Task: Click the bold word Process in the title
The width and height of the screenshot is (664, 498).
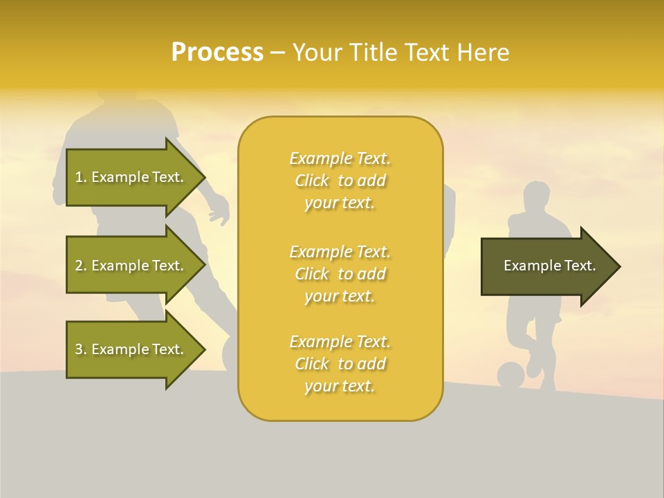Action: click(x=217, y=52)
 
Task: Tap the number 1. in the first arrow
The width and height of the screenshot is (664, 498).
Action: click(x=81, y=177)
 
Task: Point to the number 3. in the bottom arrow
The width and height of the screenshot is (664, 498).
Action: click(x=81, y=349)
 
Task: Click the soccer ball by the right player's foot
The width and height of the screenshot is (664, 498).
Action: click(x=510, y=376)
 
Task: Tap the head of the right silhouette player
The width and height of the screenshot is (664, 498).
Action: click(x=535, y=197)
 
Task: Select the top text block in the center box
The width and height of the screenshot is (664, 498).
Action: click(x=340, y=181)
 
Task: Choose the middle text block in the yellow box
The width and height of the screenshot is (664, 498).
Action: click(x=340, y=273)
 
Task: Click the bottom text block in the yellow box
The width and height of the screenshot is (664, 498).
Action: click(x=340, y=364)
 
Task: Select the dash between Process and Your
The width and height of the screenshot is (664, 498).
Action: click(x=277, y=53)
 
